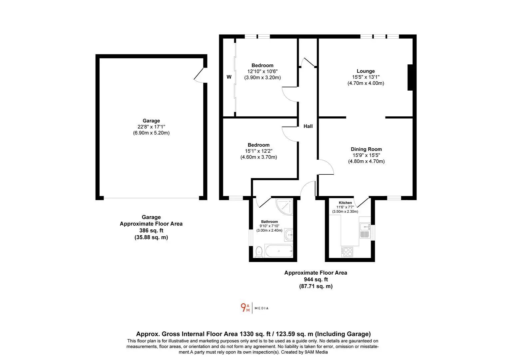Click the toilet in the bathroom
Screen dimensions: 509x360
(259, 252)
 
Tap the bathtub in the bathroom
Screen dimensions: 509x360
(279, 251)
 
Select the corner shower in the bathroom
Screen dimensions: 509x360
(284, 207)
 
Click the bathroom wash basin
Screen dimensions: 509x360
(288, 235)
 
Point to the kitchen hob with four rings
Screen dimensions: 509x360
(347, 252)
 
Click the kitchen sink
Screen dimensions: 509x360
(365, 230)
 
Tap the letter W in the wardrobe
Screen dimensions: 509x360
(229, 77)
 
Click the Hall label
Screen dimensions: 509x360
(308, 126)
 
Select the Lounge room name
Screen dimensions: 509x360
(365, 71)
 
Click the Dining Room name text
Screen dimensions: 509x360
(366, 149)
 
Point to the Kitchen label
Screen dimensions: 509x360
(345, 203)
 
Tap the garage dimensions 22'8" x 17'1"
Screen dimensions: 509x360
(151, 127)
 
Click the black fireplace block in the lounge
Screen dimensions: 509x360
(410, 78)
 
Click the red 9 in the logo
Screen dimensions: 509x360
(243, 307)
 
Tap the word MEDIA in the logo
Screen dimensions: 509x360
(261, 308)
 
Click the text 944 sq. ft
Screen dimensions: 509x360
(316, 279)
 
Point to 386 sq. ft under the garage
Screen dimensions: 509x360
(151, 230)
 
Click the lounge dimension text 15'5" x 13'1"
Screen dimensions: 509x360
(366, 77)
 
